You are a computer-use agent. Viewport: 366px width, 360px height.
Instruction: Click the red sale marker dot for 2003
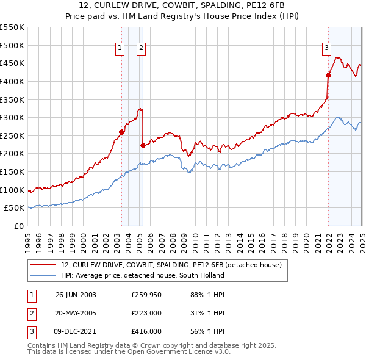121,132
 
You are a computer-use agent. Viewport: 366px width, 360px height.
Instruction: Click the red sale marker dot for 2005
143,145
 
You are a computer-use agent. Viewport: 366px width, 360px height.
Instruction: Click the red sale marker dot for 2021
328,75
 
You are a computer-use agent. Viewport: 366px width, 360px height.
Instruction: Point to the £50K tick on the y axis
15,208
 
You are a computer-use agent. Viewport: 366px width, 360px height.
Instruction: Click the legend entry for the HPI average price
142,275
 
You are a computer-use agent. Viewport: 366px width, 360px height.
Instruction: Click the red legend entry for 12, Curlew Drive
171,265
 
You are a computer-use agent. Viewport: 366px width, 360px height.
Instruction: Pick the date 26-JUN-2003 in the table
76,295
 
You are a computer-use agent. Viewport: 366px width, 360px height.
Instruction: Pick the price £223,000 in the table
146,313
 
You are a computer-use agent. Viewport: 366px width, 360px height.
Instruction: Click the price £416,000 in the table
146,331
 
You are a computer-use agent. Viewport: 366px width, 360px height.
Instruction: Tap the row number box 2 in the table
31,313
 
